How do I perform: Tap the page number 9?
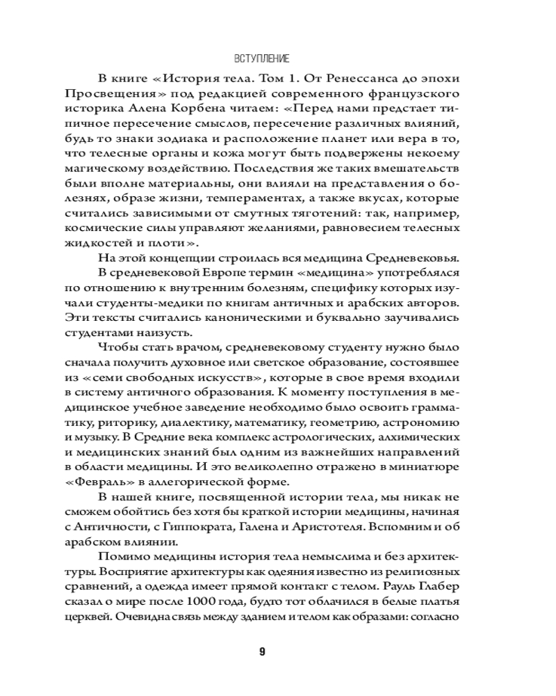pyautogui.click(x=263, y=652)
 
